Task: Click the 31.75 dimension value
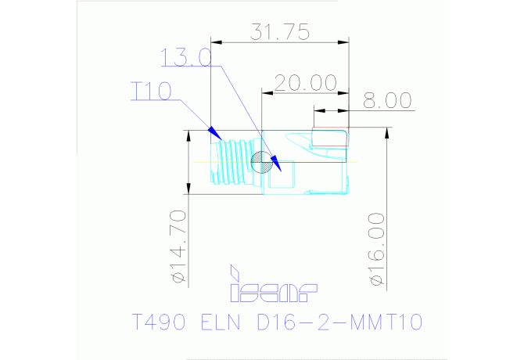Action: (x=280, y=32)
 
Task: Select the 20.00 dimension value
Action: (x=306, y=83)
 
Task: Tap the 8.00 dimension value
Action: (x=387, y=100)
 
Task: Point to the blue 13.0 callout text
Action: (x=186, y=57)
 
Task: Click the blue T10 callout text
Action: (x=151, y=91)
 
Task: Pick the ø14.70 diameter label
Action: (x=178, y=247)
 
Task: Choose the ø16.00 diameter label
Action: (x=377, y=250)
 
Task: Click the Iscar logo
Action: (x=274, y=284)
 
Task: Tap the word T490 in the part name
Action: (x=159, y=322)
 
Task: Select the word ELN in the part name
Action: (x=221, y=322)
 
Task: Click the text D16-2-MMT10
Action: (x=340, y=322)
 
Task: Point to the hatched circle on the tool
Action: (x=261, y=162)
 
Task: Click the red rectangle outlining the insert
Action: (x=330, y=137)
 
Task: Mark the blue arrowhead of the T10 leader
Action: (x=214, y=133)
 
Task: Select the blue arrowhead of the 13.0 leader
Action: (x=276, y=164)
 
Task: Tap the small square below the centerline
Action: (x=282, y=174)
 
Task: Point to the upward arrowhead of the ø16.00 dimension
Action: (x=387, y=133)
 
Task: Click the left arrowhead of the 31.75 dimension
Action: (x=216, y=42)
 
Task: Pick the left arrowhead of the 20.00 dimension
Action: (x=267, y=92)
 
